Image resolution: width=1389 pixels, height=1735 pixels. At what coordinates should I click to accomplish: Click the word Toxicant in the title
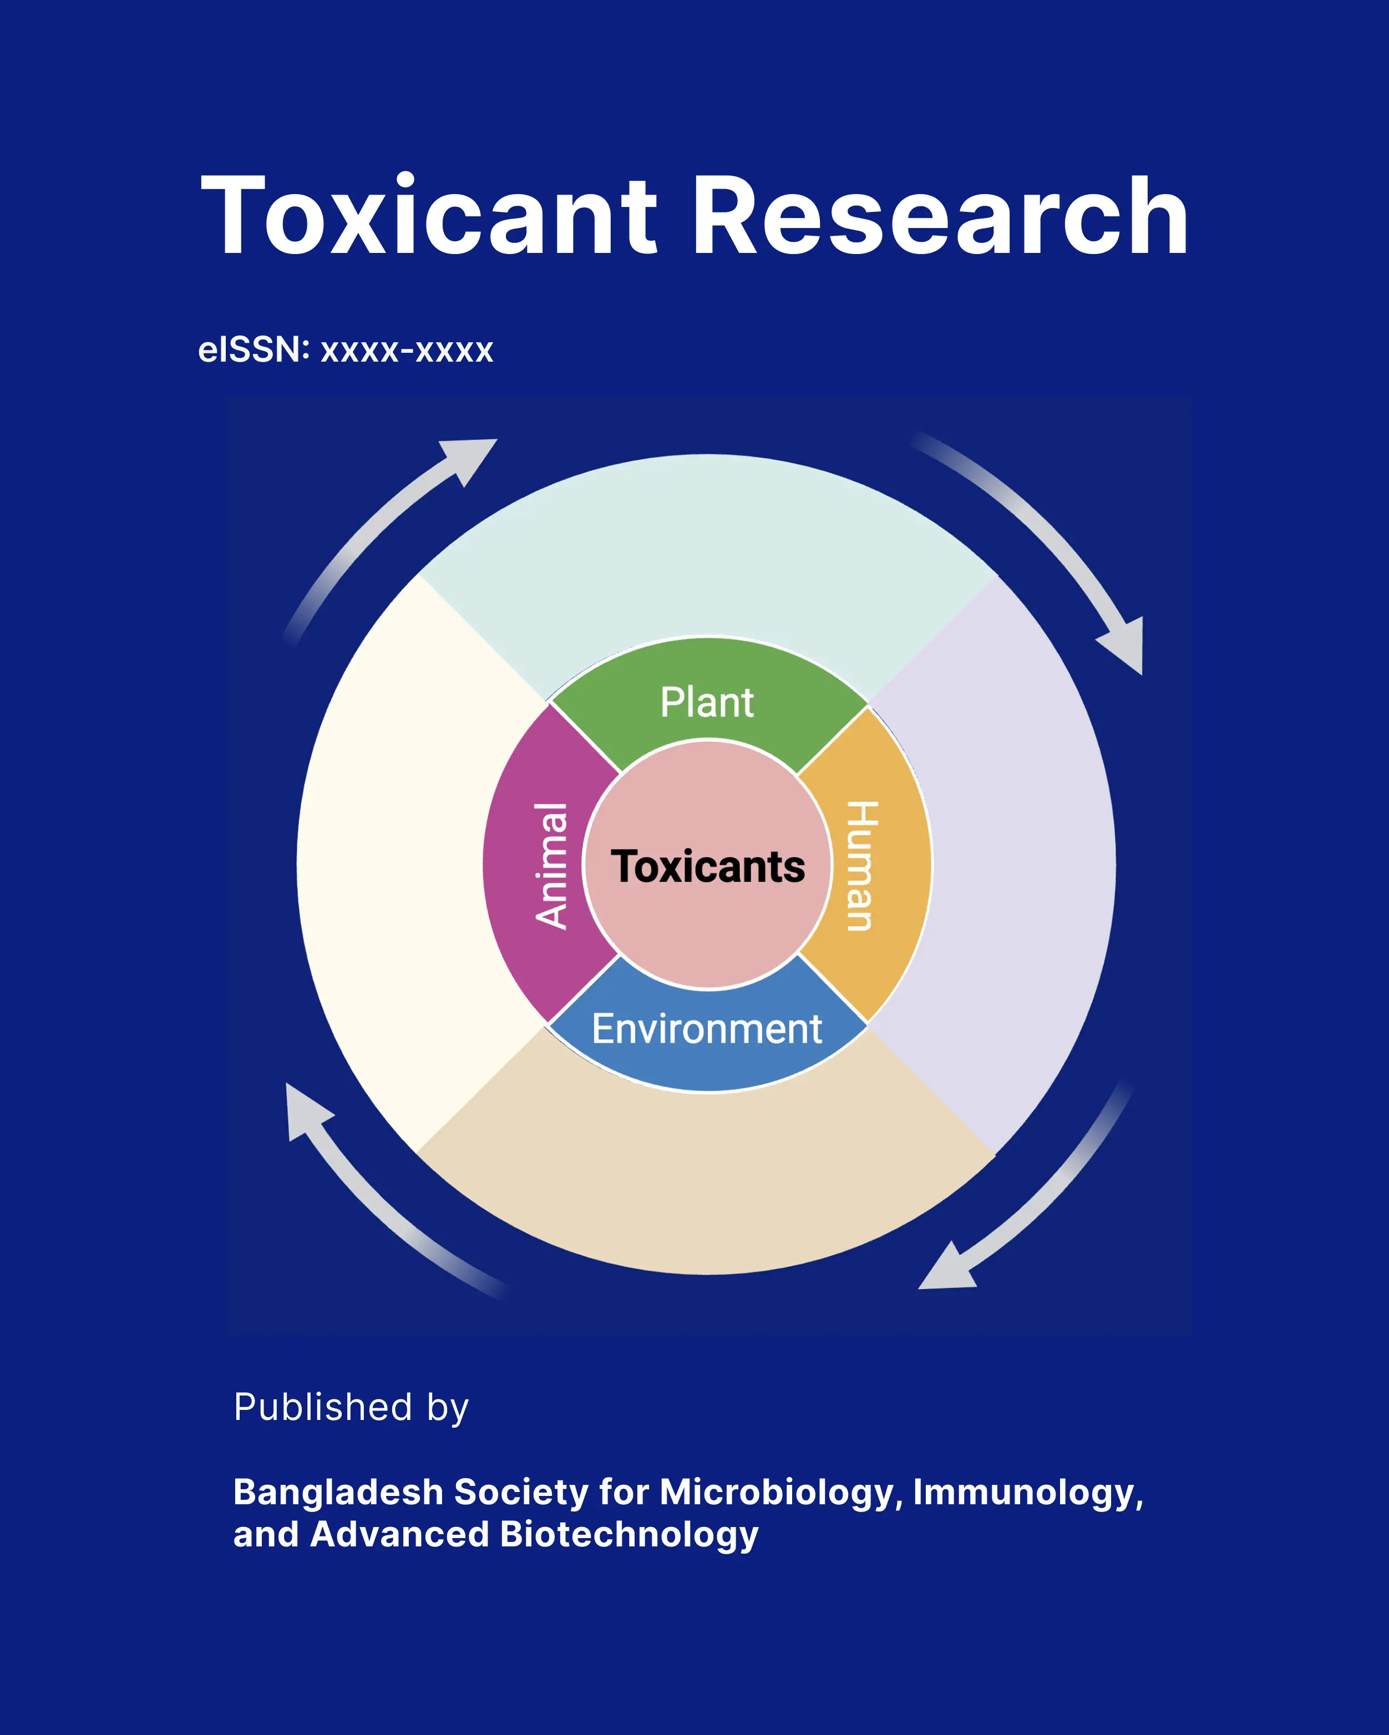coord(428,216)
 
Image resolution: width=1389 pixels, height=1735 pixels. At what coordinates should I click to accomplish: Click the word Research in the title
coord(939,216)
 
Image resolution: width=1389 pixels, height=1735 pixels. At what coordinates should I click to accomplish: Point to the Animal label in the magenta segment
coord(552,866)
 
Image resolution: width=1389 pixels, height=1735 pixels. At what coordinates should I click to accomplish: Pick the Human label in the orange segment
coord(861,866)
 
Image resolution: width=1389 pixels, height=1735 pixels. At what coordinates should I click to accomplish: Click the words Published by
coord(351,1407)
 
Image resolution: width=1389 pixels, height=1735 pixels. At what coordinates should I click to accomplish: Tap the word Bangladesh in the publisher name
coord(338,1492)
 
